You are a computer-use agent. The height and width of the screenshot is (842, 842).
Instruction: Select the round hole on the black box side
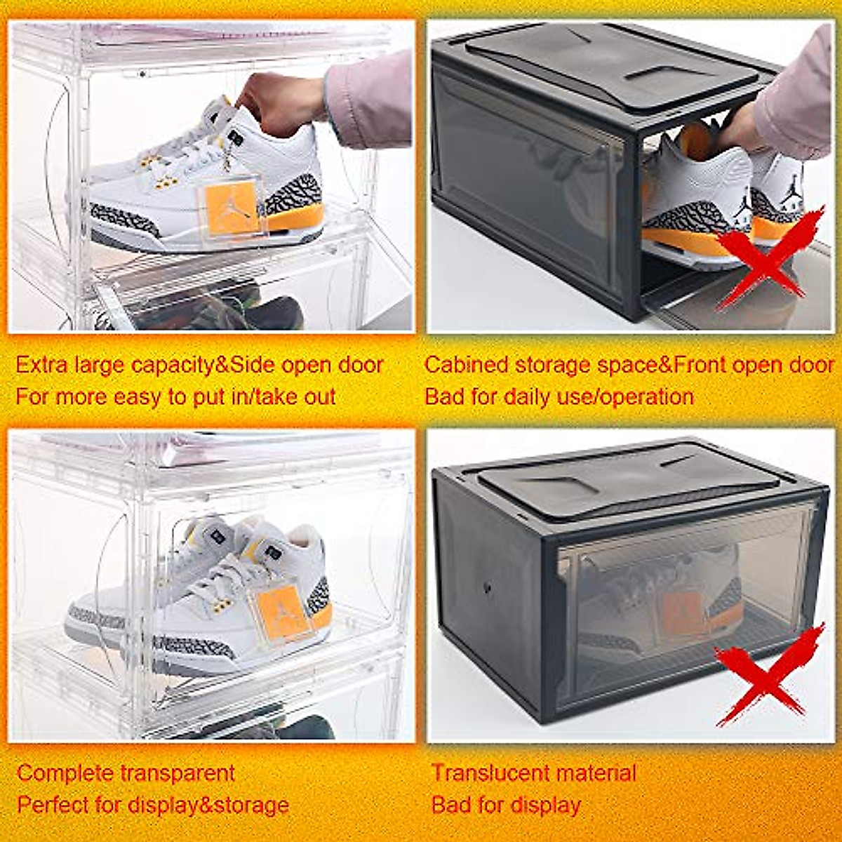coord(487,587)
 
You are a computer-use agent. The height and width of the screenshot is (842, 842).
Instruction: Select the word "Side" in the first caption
coord(255,365)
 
